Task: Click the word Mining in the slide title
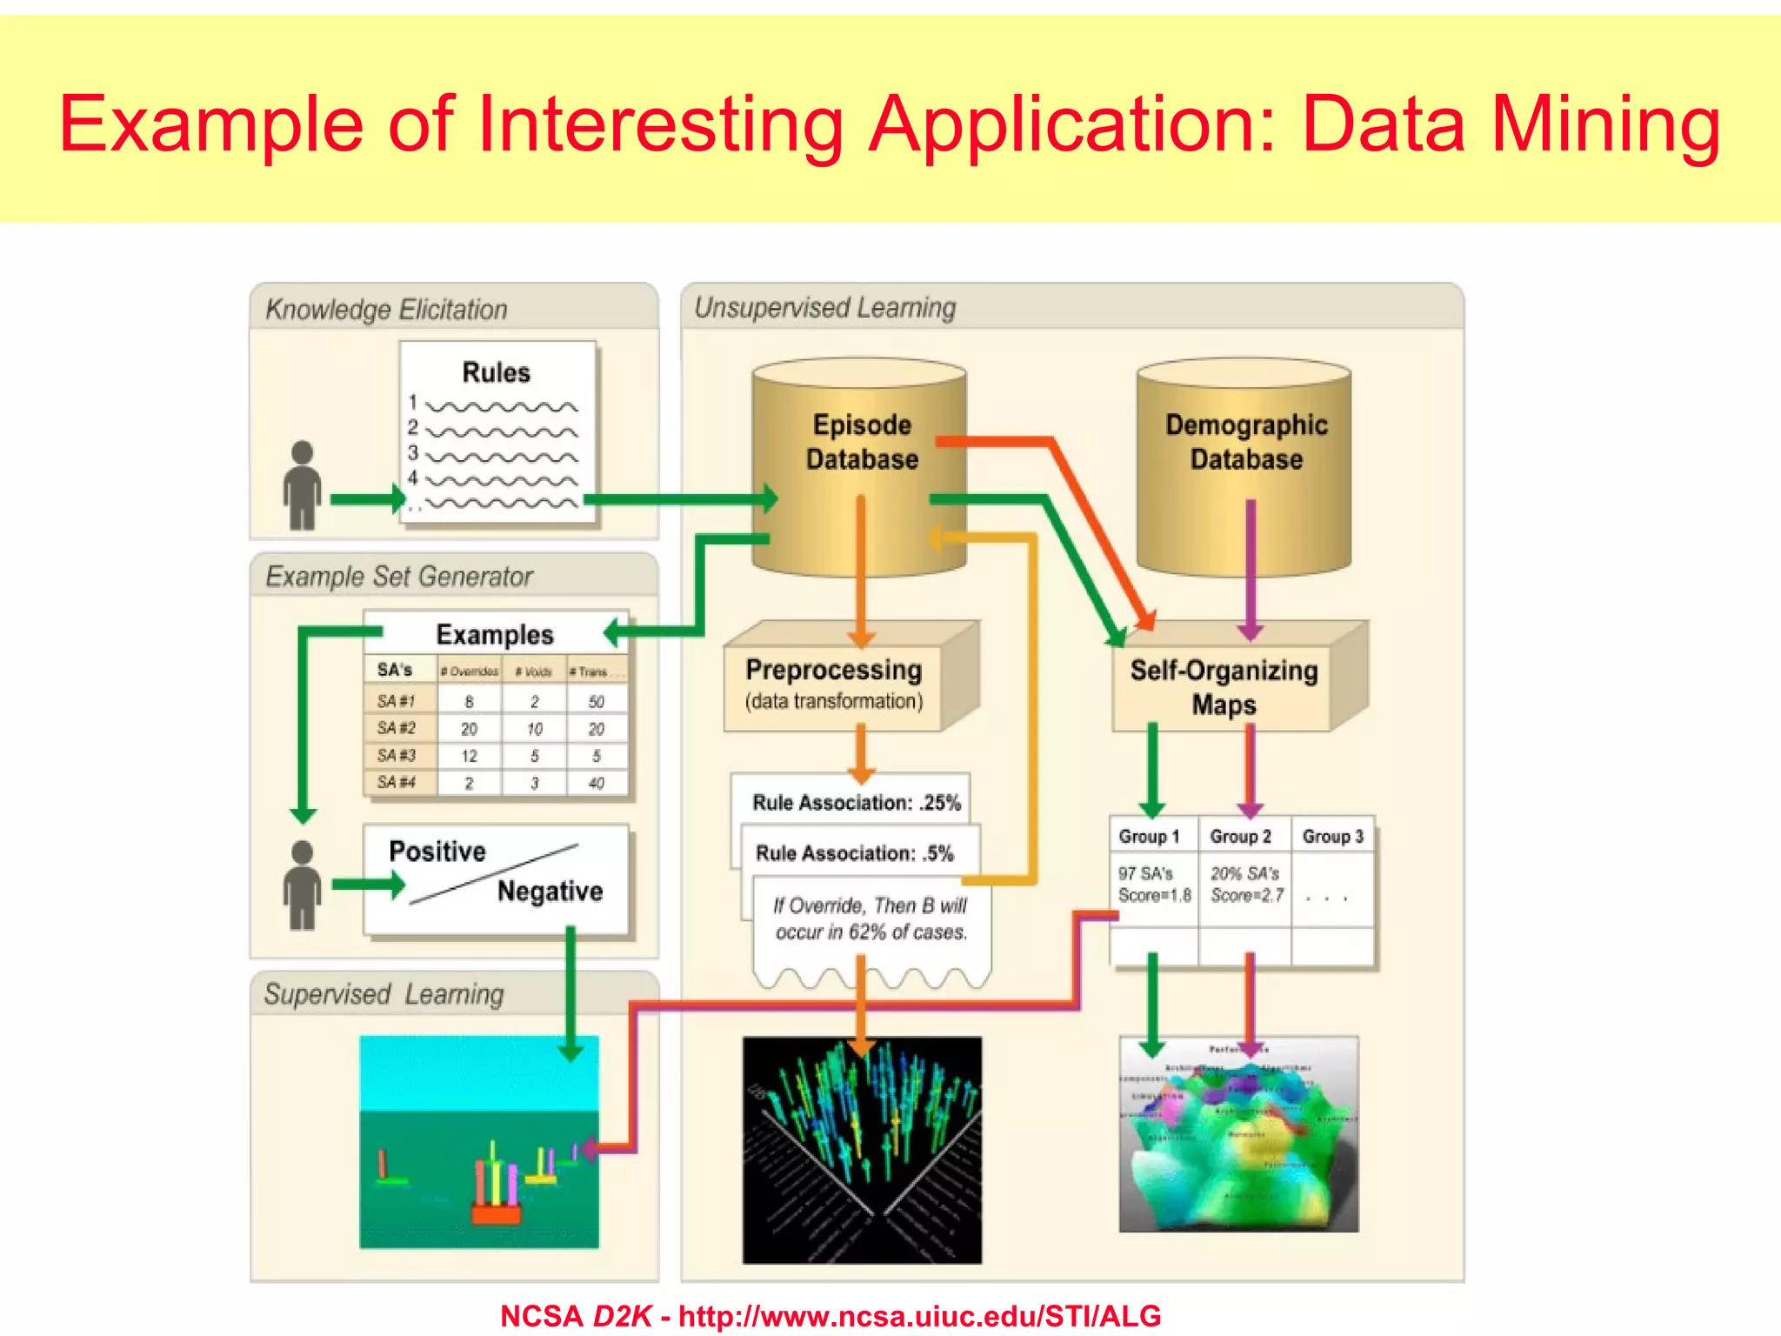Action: pos(1605,124)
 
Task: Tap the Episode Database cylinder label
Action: pos(861,442)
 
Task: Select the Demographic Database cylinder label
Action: pos(1245,442)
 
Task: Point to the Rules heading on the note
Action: pos(496,372)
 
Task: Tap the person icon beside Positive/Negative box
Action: pos(302,885)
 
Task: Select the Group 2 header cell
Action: pos(1241,837)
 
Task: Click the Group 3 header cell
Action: pos(1332,837)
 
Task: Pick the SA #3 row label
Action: pos(397,755)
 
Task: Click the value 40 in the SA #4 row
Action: pos(596,783)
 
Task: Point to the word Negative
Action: pos(550,892)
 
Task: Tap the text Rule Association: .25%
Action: pos(856,803)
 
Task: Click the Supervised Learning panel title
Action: pos(384,994)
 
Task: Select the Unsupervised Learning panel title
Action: pos(824,307)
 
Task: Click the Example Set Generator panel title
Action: pos(398,576)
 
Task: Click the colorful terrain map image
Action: pos(1238,1134)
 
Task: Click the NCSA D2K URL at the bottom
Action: pos(919,1316)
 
